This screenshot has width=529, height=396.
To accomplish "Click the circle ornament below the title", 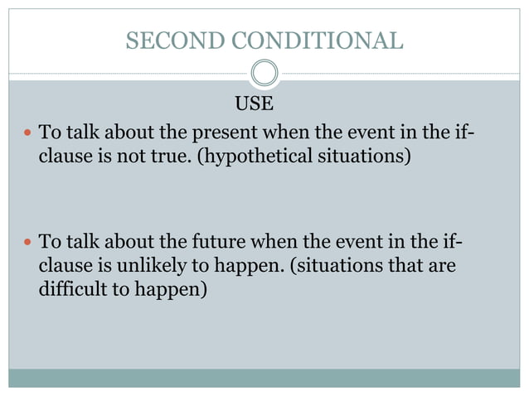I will click(264, 74).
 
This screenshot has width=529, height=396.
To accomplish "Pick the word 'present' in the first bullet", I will click(223, 133).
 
